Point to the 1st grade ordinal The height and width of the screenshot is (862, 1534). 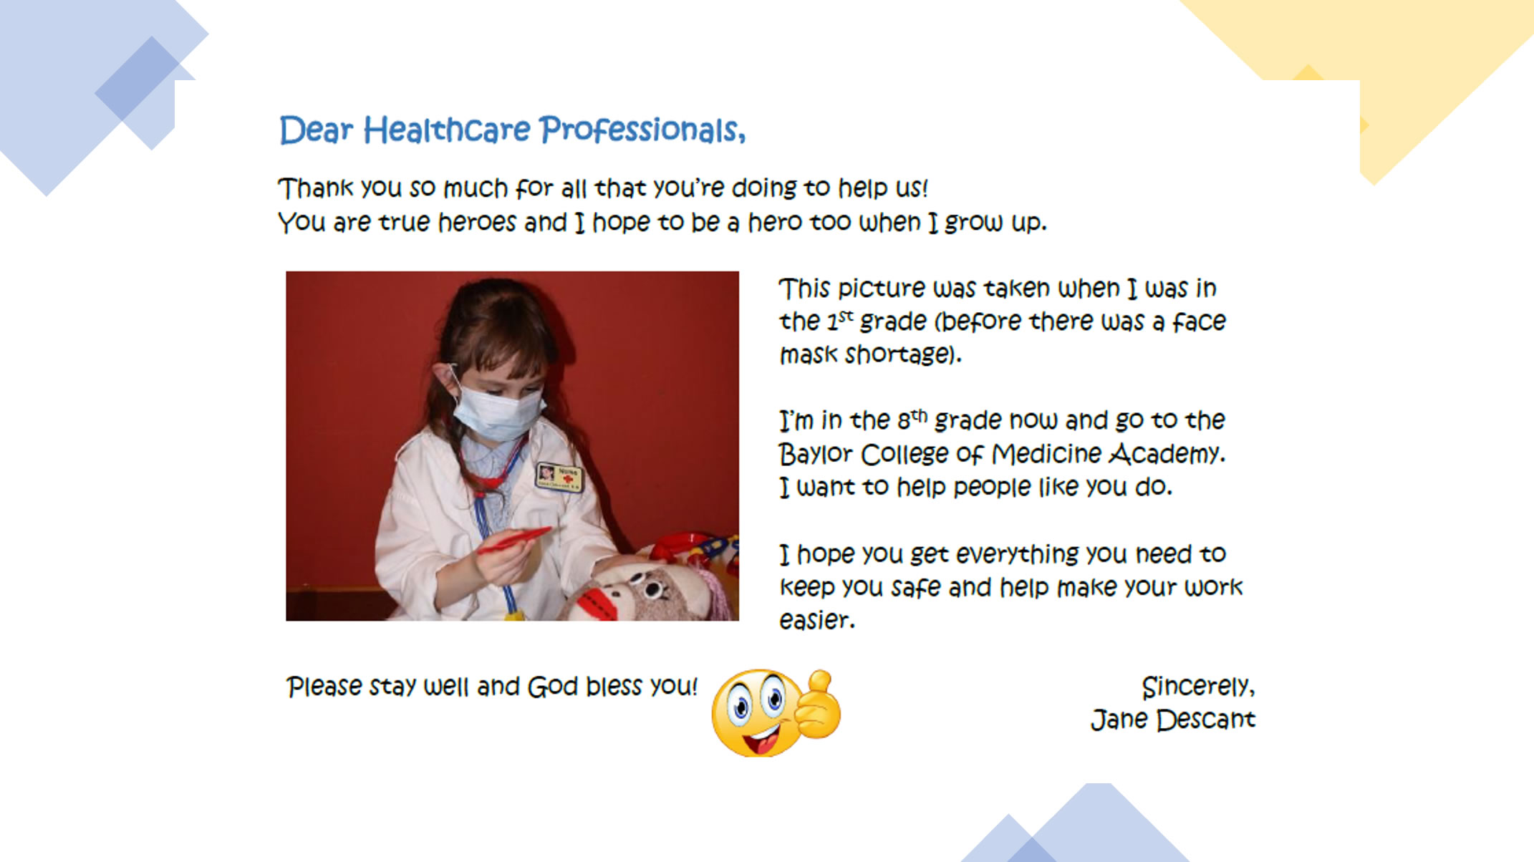click(840, 320)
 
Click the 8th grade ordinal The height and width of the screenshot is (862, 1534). click(912, 419)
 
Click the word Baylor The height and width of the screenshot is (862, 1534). click(816, 455)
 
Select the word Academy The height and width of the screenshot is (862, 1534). click(1167, 455)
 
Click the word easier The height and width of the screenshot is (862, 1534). click(816, 620)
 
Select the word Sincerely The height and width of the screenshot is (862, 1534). click(1197, 687)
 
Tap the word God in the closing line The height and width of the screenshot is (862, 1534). click(552, 687)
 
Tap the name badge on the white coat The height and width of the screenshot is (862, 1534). click(559, 476)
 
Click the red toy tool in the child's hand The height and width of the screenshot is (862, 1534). click(514, 540)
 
